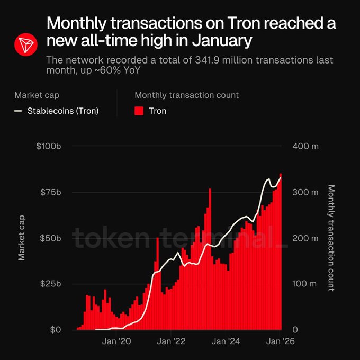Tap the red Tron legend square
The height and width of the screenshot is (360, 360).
click(x=139, y=111)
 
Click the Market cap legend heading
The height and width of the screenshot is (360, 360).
click(x=37, y=95)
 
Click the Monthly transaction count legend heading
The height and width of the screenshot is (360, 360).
click(x=186, y=95)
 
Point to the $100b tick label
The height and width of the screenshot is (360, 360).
click(x=49, y=146)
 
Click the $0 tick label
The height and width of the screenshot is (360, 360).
click(x=55, y=330)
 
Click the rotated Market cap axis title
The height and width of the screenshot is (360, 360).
click(x=22, y=238)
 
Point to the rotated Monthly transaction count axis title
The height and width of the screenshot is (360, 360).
click(x=331, y=238)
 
